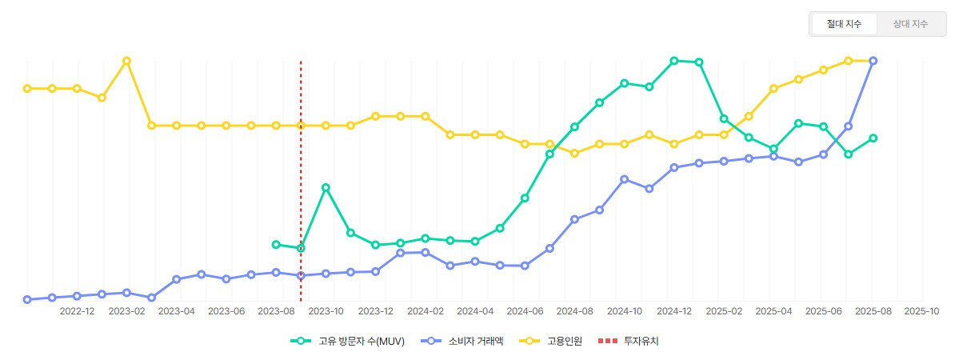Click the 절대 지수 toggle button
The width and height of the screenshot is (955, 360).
coord(844,24)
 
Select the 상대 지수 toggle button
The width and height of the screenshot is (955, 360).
coord(910,24)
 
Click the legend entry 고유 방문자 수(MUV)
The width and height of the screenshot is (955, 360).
coord(348,341)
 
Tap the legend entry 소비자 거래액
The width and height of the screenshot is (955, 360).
coord(463,341)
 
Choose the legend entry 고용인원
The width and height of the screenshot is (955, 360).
coord(556,341)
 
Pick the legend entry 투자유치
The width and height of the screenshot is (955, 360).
coord(632,341)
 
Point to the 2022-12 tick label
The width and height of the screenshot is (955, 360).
coord(78,310)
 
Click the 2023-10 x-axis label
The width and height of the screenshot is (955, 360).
coord(326,310)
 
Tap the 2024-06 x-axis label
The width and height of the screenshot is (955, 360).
coord(525,310)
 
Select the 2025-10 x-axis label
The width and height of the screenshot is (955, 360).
coord(922,310)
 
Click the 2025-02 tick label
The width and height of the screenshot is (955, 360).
coord(724,310)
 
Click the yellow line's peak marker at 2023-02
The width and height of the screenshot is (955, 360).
coord(126,61)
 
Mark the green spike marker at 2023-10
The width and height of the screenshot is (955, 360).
coord(326,187)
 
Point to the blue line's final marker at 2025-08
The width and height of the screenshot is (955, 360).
coord(873,61)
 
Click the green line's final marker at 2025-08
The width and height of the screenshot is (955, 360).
coord(873,138)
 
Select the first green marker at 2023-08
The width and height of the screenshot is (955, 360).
coord(276,244)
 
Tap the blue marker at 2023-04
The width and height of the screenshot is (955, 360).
coord(176,279)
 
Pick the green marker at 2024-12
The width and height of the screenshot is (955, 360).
coord(674,61)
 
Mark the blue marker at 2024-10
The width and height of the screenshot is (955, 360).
coord(624,179)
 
